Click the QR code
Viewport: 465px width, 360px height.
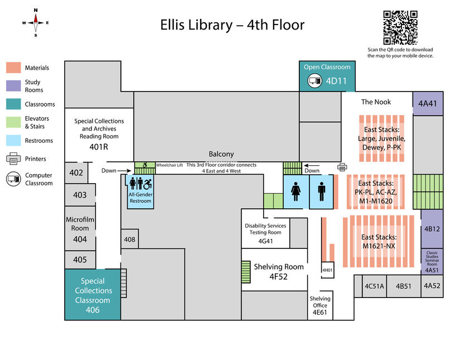coord(400,27)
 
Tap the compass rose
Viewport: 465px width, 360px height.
coord(36,22)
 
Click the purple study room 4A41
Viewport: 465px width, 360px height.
coord(428,103)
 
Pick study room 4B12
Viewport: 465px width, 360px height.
coord(432,229)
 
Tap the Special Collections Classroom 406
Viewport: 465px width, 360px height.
coord(93,295)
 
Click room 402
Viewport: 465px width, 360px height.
coord(76,173)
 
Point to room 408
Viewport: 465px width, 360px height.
coord(129,239)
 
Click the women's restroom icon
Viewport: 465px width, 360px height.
coord(296,190)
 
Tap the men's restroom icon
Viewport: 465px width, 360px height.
coord(322,190)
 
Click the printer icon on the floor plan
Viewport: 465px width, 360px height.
coord(342,167)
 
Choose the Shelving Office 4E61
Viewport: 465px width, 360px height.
coord(320,305)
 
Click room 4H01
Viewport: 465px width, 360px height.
coord(327,270)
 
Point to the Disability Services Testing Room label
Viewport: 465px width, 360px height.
coord(265,229)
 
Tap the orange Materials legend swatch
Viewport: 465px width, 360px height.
coord(13,68)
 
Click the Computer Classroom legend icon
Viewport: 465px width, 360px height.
coord(13,179)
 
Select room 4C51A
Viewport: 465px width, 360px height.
coord(374,286)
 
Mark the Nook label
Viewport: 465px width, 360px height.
coord(376,102)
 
